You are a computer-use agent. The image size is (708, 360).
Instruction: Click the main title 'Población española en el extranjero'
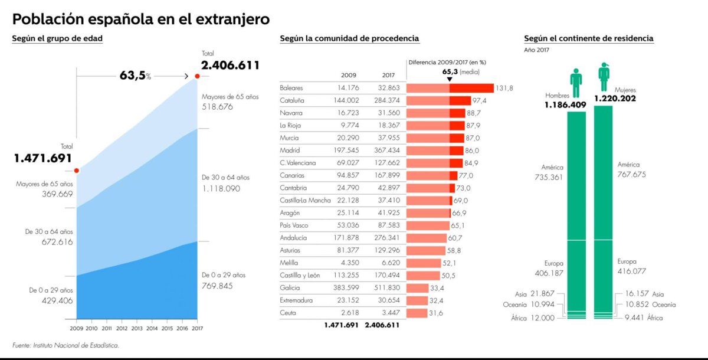141,19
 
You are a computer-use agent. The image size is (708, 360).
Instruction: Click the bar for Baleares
450,88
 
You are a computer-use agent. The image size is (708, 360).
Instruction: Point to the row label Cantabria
293,188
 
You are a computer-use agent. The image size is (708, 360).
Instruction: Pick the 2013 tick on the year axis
137,328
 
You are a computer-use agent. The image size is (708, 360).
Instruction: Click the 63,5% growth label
135,76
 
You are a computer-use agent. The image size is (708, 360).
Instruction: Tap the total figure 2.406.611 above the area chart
230,66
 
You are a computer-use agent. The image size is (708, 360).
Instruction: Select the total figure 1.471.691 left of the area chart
42,158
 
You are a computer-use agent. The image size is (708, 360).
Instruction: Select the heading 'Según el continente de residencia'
588,38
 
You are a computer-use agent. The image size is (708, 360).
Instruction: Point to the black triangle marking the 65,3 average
450,79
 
